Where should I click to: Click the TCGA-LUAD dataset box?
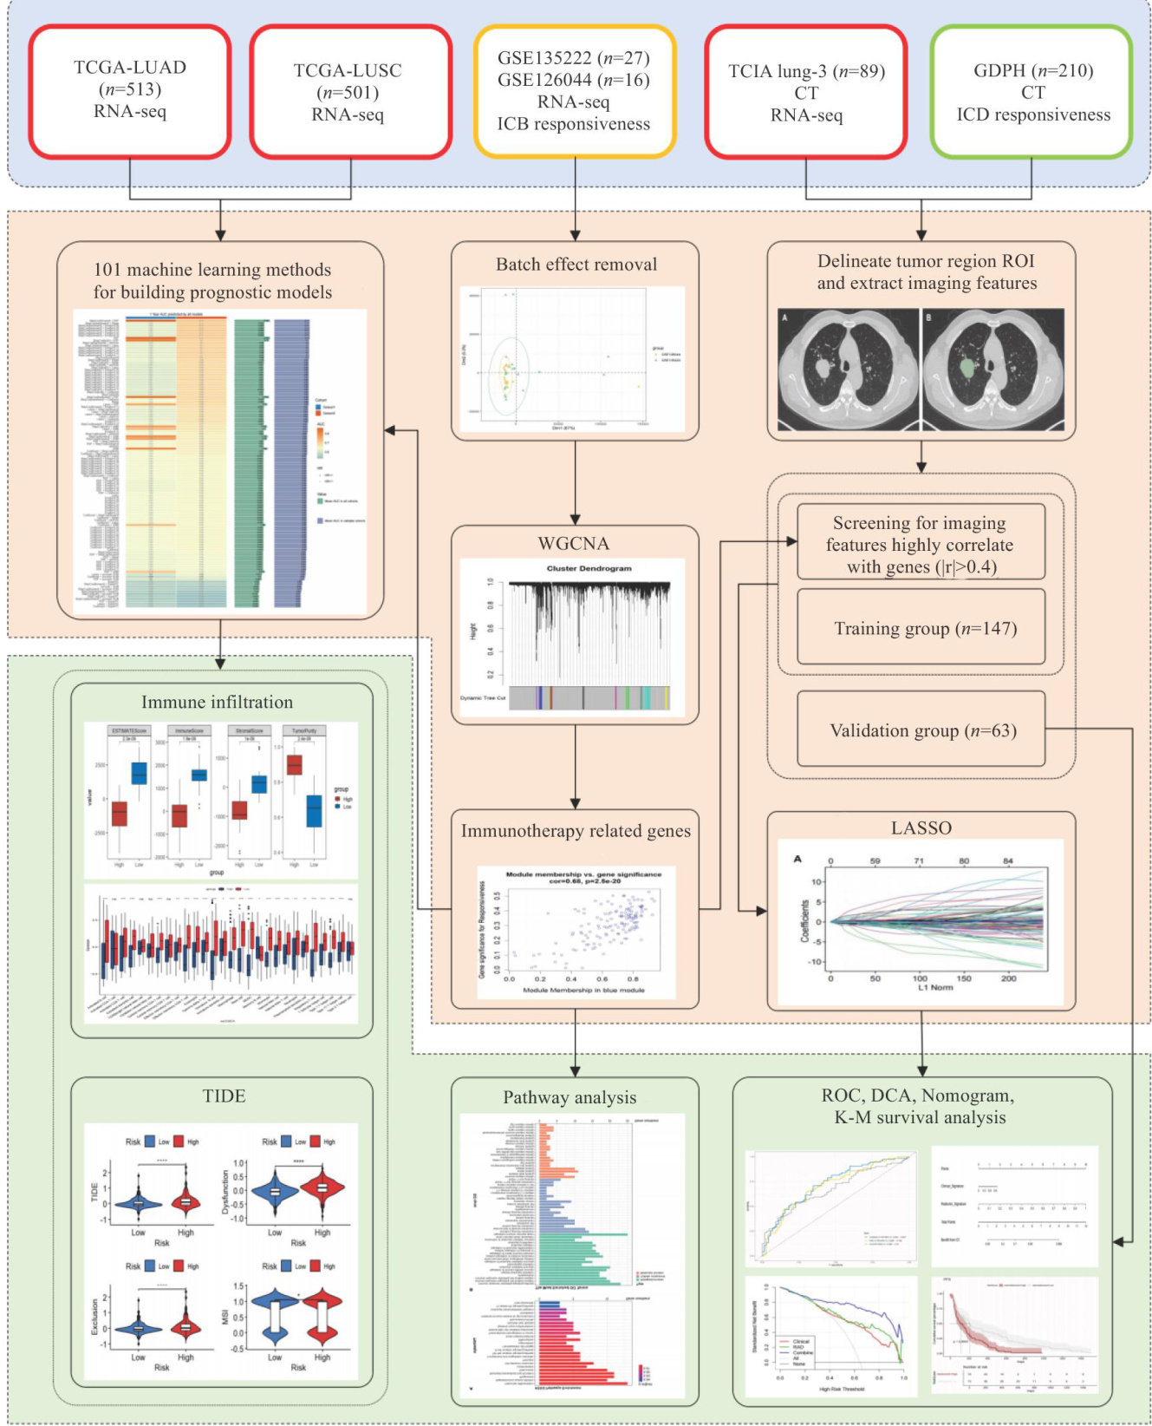coord(130,90)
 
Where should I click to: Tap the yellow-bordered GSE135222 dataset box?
coord(574,91)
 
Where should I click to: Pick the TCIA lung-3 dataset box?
coord(806,92)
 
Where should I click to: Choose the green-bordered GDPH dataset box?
coord(1032,92)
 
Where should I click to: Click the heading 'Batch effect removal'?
coord(576,265)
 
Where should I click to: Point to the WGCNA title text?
coord(574,544)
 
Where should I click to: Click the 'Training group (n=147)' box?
coord(921,628)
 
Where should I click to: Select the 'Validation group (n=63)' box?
coord(921,730)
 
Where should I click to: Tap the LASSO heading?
coord(921,827)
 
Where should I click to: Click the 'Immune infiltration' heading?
coord(218,702)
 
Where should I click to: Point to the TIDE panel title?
coord(224,1096)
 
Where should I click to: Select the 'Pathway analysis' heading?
coord(569,1097)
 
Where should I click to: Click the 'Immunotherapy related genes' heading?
coord(576,831)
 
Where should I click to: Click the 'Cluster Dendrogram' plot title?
coord(589,569)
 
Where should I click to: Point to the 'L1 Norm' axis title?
coord(930,987)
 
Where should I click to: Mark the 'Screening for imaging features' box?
coord(921,545)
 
